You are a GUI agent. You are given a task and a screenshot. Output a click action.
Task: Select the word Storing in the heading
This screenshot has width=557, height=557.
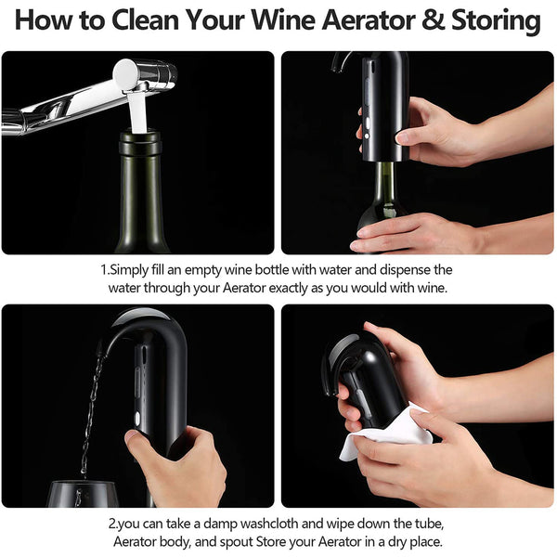pyautogui.click(x=497, y=21)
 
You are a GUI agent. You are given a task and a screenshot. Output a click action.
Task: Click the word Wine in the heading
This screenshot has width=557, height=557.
pyautogui.click(x=283, y=19)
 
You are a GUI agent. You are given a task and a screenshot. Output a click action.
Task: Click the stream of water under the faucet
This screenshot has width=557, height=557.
pyautogui.click(x=137, y=111)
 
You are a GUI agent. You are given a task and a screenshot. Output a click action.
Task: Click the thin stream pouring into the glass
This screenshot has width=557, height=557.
pyautogui.click(x=91, y=412)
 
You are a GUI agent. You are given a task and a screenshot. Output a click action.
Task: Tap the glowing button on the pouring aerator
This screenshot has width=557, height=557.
pyautogui.click(x=136, y=419)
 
